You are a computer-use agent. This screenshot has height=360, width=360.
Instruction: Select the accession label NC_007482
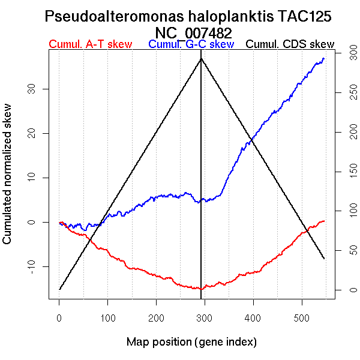click(x=193, y=32)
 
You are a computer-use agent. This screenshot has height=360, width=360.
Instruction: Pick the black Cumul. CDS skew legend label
click(x=290, y=44)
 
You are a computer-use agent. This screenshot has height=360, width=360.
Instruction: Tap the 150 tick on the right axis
click(x=344, y=172)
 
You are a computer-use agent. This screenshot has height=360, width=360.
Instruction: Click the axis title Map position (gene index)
click(x=191, y=342)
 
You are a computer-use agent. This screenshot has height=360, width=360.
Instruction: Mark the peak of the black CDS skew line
click(x=200, y=58)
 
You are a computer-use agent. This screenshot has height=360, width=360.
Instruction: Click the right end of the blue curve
click(x=324, y=58)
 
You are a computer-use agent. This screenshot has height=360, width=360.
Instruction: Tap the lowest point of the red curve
click(x=202, y=289)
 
